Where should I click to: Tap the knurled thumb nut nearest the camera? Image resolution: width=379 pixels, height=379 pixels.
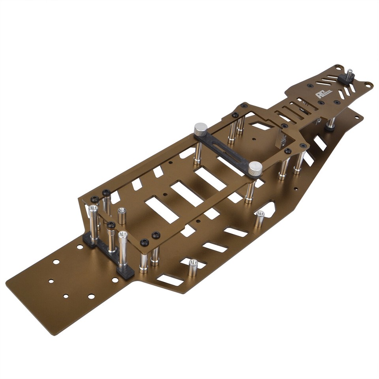pos(255,169)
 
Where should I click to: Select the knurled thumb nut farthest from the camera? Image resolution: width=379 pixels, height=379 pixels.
pos(201,129)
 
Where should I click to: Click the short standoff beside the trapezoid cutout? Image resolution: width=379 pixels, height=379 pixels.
pos(259,219)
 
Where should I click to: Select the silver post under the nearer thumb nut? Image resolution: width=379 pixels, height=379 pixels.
pos(250,191)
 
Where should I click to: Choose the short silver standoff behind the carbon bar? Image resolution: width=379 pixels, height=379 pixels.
pos(122,216)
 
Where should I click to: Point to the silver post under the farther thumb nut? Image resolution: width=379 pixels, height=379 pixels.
pos(197,153)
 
